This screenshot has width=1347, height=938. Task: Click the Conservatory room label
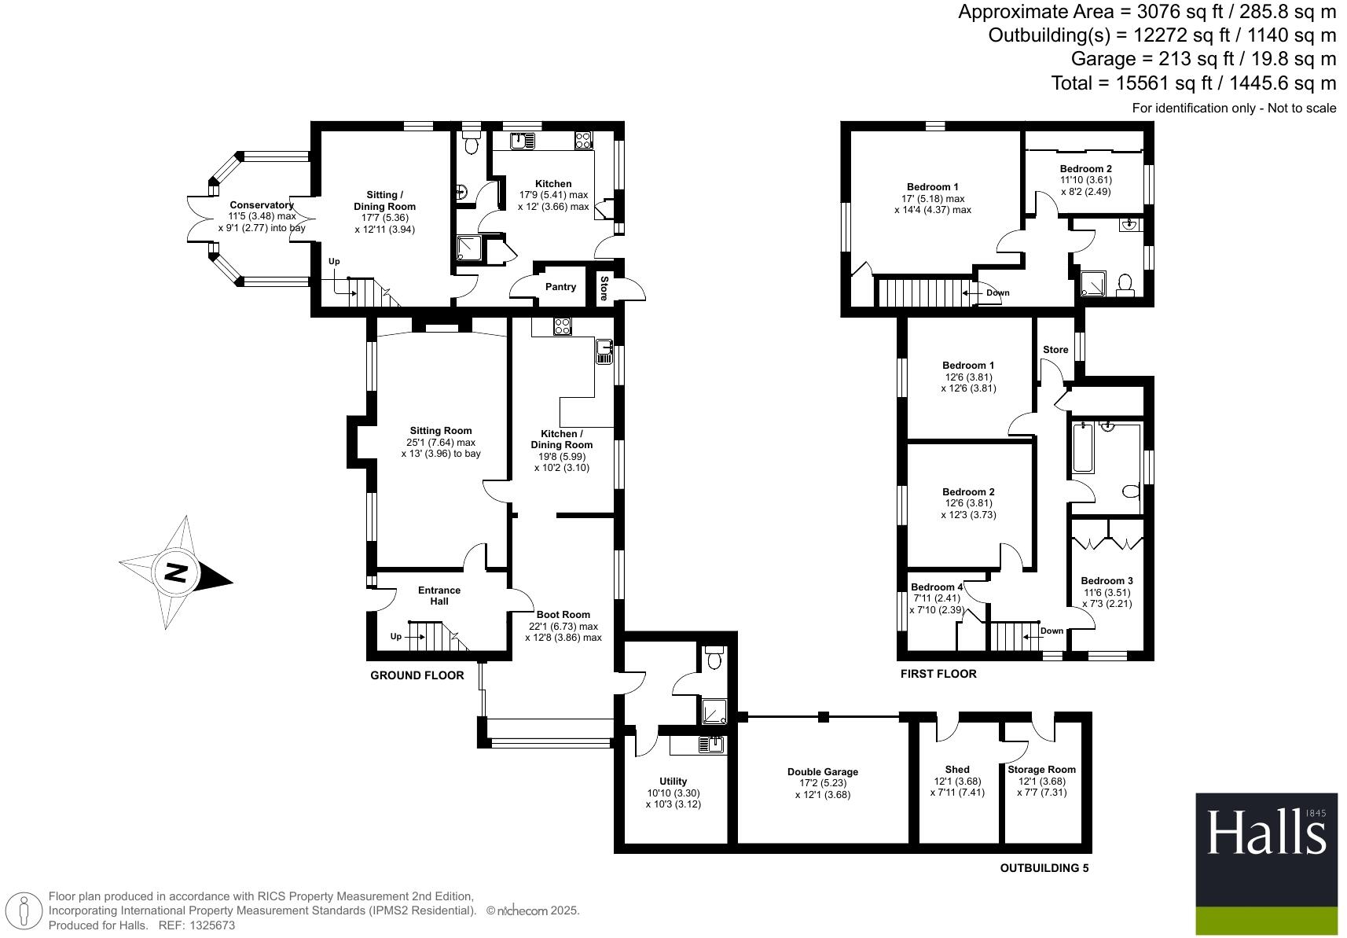tap(261, 205)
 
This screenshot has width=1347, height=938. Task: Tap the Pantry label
tap(560, 287)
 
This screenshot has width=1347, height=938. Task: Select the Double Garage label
tap(822, 772)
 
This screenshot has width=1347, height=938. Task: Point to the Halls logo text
tap(1265, 833)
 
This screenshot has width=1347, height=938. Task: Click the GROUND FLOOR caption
tap(417, 675)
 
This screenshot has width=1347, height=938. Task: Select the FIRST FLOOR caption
tap(938, 674)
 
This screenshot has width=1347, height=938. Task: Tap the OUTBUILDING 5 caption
tap(1044, 868)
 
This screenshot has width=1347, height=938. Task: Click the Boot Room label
tap(563, 615)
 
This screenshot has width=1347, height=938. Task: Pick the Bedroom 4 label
tap(936, 587)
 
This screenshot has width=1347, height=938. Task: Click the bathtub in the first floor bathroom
tap(1083, 447)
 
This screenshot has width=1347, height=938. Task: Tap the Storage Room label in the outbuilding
tap(1041, 770)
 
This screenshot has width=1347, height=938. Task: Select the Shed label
tap(956, 770)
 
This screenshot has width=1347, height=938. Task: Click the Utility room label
tap(673, 782)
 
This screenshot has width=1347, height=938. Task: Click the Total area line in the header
tap(1193, 83)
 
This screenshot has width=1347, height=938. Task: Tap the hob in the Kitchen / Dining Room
tap(562, 326)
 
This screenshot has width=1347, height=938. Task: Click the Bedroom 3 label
tap(1107, 581)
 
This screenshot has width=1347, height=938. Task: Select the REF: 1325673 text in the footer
tap(196, 925)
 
